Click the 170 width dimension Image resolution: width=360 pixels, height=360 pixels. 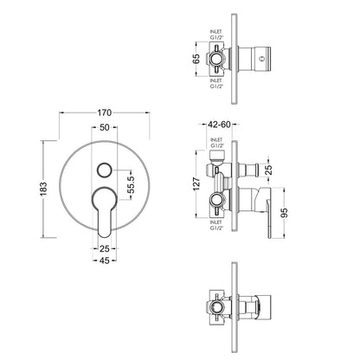[x=104, y=112]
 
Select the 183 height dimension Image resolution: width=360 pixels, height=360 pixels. [x=43, y=189]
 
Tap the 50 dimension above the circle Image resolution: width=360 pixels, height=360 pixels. [x=105, y=127]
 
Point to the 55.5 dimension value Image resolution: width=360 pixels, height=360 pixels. [x=132, y=184]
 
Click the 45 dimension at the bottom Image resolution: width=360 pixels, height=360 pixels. [x=105, y=260]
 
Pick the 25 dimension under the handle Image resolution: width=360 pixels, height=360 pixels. [x=105, y=248]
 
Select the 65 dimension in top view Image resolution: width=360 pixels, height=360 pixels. [x=196, y=59]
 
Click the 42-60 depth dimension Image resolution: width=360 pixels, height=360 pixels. [x=219, y=125]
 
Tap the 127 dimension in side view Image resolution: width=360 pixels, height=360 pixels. [x=196, y=184]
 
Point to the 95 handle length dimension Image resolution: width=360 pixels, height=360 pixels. [x=284, y=213]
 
